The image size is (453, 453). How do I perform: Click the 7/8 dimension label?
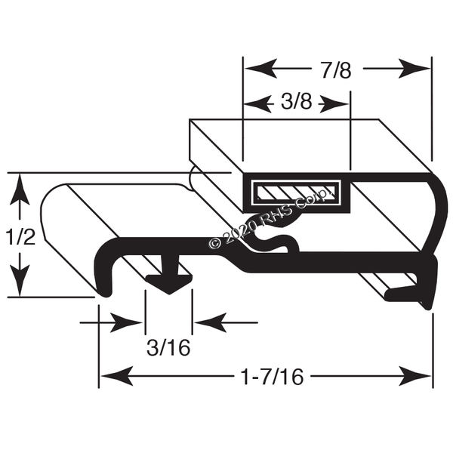(336, 70)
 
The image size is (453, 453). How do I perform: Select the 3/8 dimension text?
(297, 102)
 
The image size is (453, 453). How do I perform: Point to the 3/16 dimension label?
(168, 347)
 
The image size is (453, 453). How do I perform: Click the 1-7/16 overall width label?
(273, 377)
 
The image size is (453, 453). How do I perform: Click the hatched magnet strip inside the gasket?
(295, 192)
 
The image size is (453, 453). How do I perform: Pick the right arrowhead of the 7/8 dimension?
(414, 69)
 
